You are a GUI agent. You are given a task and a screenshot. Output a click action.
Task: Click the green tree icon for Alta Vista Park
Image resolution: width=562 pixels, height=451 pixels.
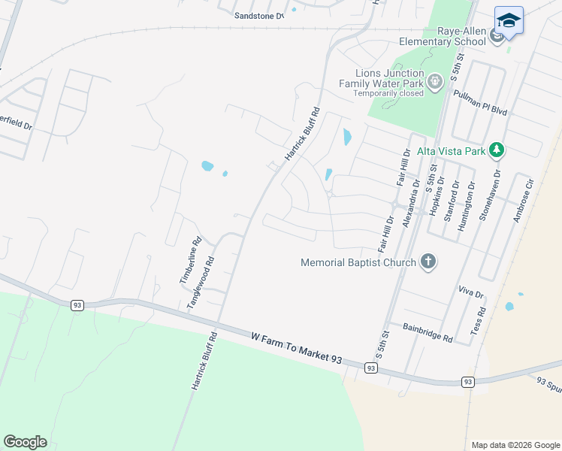496,150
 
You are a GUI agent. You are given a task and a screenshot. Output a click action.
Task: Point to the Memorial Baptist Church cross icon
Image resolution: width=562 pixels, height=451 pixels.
428,262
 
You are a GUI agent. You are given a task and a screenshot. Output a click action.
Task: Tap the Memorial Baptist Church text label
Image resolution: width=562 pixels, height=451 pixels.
358,263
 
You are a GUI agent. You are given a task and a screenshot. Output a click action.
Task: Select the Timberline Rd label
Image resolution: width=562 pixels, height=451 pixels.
191,261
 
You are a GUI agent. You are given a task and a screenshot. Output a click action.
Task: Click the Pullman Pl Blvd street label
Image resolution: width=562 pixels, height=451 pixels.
481,102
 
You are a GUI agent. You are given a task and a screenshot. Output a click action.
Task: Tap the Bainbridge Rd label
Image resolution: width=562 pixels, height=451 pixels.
428,333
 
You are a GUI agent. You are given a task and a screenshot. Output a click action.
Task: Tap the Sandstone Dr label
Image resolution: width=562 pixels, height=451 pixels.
259,15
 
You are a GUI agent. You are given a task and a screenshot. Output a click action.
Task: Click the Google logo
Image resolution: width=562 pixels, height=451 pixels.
25,442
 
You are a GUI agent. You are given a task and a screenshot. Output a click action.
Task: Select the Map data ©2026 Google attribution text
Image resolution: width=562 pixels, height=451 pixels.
515,445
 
